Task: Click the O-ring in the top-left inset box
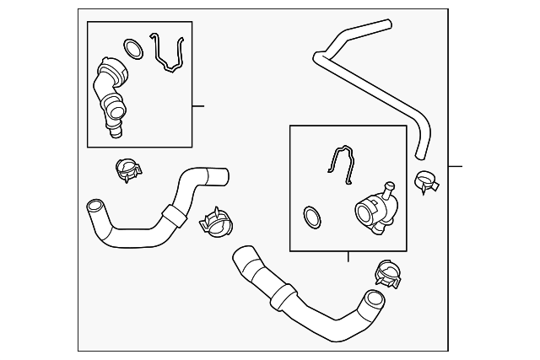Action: (132, 48)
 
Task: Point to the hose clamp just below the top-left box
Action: (128, 171)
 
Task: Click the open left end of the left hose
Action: (94, 206)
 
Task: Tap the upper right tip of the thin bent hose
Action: (387, 24)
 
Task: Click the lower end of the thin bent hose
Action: (421, 155)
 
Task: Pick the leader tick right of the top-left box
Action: (198, 106)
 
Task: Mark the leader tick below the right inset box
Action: (348, 256)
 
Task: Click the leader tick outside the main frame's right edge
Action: (456, 166)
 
